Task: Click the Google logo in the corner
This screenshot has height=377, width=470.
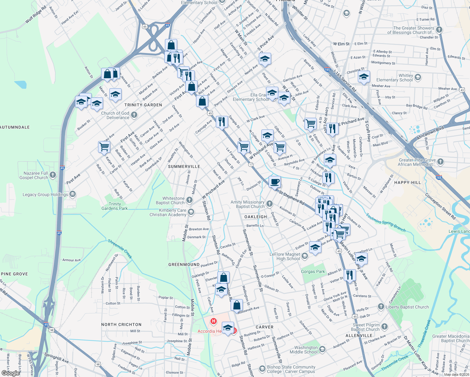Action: coord(11,373)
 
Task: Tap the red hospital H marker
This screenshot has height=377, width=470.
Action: coord(214,321)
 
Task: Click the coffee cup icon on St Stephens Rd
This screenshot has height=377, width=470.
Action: coord(275,182)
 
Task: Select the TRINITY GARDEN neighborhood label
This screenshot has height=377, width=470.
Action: coord(143,105)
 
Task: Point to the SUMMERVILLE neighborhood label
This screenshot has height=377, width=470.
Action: coord(184,167)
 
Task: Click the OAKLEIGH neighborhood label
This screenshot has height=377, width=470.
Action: coord(256,217)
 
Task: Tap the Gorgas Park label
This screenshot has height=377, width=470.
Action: coord(313,272)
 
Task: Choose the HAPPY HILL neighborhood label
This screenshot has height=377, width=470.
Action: coord(407,183)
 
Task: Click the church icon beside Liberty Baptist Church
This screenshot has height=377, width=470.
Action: coord(381,306)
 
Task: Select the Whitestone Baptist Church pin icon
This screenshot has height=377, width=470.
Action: coord(189,200)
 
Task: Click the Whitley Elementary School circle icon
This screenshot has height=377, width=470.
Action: coord(418,77)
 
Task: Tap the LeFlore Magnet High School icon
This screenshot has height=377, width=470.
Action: coord(304,256)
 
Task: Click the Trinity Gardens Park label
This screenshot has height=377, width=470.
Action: coord(115,206)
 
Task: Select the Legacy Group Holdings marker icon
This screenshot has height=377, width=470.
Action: coord(73,194)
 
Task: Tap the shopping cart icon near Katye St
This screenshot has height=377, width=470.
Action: coord(104,146)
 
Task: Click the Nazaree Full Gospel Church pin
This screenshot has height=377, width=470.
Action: coord(53,175)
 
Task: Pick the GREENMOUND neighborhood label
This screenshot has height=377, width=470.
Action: coord(184,265)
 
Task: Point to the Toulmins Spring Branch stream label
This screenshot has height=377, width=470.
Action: coord(385,222)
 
